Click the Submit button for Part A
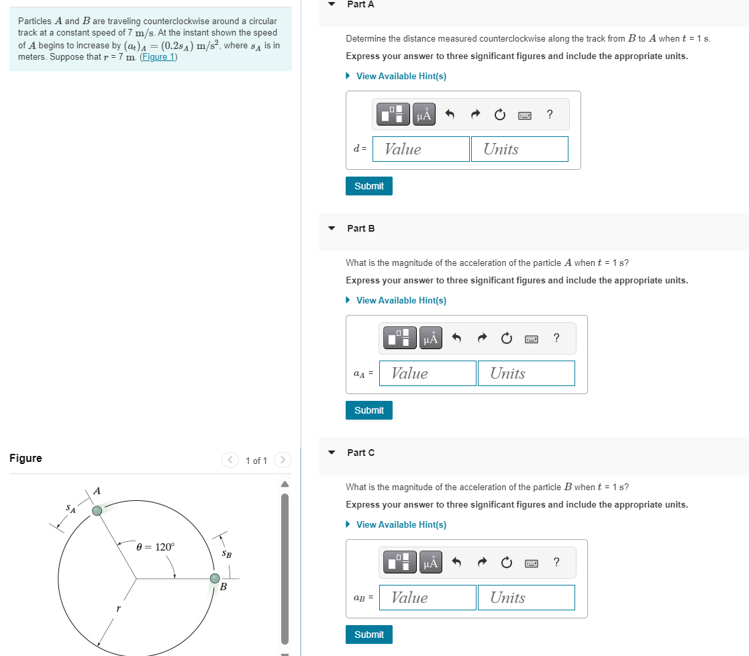pyautogui.click(x=368, y=186)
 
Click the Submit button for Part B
pyautogui.click(x=368, y=410)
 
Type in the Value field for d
pyautogui.click(x=421, y=149)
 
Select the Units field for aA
pyautogui.click(x=526, y=373)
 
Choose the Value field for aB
pyautogui.click(x=428, y=598)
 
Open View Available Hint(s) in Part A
pyautogui.click(x=401, y=76)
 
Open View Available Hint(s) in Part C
pyautogui.click(x=401, y=524)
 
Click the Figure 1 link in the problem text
pyautogui.click(x=158, y=57)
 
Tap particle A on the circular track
pyautogui.click(x=98, y=511)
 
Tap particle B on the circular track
pyautogui.click(x=215, y=578)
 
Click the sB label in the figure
pyautogui.click(x=227, y=555)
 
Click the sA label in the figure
pyautogui.click(x=70, y=510)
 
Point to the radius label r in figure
pyautogui.click(x=118, y=608)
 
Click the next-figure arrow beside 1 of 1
pyautogui.click(x=283, y=460)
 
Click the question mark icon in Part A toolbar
pyautogui.click(x=550, y=114)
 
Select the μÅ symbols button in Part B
pyautogui.click(x=431, y=339)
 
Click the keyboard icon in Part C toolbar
pyautogui.click(x=532, y=563)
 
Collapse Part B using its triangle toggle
pyautogui.click(x=332, y=228)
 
